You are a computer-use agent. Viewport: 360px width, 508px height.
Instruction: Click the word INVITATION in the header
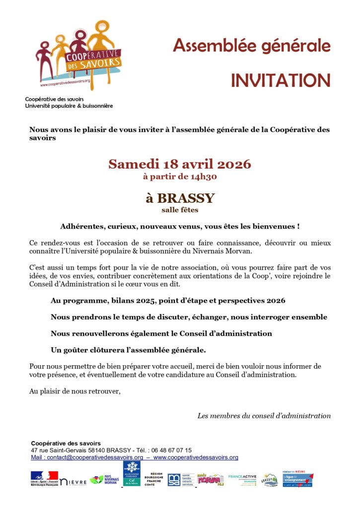coord(280,80)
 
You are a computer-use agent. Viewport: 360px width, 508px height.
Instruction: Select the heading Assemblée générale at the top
coord(251,46)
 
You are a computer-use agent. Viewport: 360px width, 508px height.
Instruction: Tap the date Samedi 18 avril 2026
coord(180,164)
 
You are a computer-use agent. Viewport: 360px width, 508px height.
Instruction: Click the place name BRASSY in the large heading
coord(186,198)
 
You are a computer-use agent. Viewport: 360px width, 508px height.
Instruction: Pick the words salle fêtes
coord(180,210)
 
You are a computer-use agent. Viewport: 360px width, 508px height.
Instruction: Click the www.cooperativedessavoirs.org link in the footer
coord(196,457)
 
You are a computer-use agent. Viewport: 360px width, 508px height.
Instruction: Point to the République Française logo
coord(44,478)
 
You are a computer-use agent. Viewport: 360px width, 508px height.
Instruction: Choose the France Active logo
coord(242,479)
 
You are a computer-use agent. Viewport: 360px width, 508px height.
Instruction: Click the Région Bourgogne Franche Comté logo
coord(153,479)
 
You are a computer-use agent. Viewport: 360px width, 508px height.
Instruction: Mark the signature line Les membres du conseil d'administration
coord(264,416)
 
